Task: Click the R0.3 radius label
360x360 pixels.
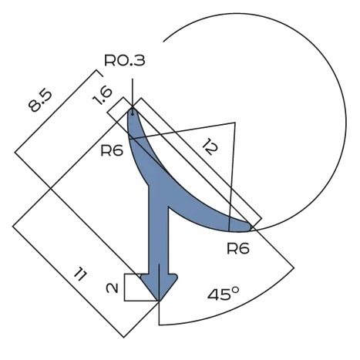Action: click(x=125, y=61)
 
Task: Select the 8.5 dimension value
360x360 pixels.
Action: click(x=40, y=101)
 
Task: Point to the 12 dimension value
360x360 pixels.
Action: click(x=210, y=146)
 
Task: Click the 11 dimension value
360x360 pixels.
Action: click(x=80, y=274)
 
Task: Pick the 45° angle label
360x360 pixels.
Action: click(x=224, y=294)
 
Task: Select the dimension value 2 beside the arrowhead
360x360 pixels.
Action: click(x=113, y=288)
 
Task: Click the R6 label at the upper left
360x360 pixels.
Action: click(x=112, y=150)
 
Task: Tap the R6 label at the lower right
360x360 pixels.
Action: click(x=238, y=248)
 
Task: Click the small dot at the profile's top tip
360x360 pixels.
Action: click(x=133, y=113)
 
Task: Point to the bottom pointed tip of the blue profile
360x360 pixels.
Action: click(x=159, y=301)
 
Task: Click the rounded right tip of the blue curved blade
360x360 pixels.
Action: click(x=249, y=227)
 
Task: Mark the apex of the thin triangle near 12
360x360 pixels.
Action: click(x=235, y=123)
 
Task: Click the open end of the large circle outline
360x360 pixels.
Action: click(x=163, y=41)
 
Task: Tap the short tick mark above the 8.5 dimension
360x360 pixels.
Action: click(x=99, y=73)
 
